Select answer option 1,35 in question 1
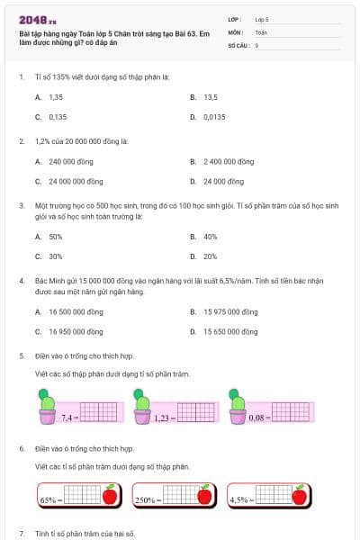coord(56,96)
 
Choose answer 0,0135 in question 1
coord(214,117)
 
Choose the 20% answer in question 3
coord(211,256)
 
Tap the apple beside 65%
coord(110,495)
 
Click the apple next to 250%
coord(204,495)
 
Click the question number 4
coord(22,281)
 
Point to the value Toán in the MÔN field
coord(261,31)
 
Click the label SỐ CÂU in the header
coord(238,44)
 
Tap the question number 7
coord(22,533)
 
